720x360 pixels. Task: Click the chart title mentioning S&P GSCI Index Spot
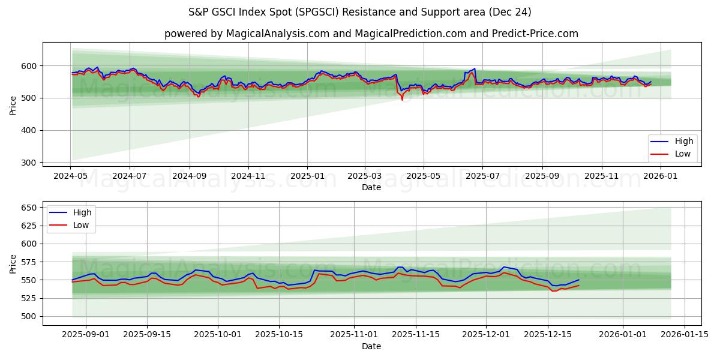[359, 12]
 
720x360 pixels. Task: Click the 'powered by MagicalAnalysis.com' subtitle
[371, 34]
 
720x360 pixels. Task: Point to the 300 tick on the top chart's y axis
[29, 163]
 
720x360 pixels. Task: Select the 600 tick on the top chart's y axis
[29, 65]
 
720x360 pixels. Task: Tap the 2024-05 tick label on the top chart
[71, 176]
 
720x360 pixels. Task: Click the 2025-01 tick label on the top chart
[307, 176]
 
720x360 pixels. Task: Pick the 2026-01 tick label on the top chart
[660, 176]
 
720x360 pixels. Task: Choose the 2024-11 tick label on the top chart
[248, 176]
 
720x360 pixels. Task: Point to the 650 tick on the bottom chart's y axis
[29, 208]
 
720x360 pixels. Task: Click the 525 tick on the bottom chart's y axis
[29, 298]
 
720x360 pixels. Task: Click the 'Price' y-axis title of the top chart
[13, 106]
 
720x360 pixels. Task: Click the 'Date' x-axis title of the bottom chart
[371, 346]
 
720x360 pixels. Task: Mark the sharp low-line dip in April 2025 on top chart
[402, 100]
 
